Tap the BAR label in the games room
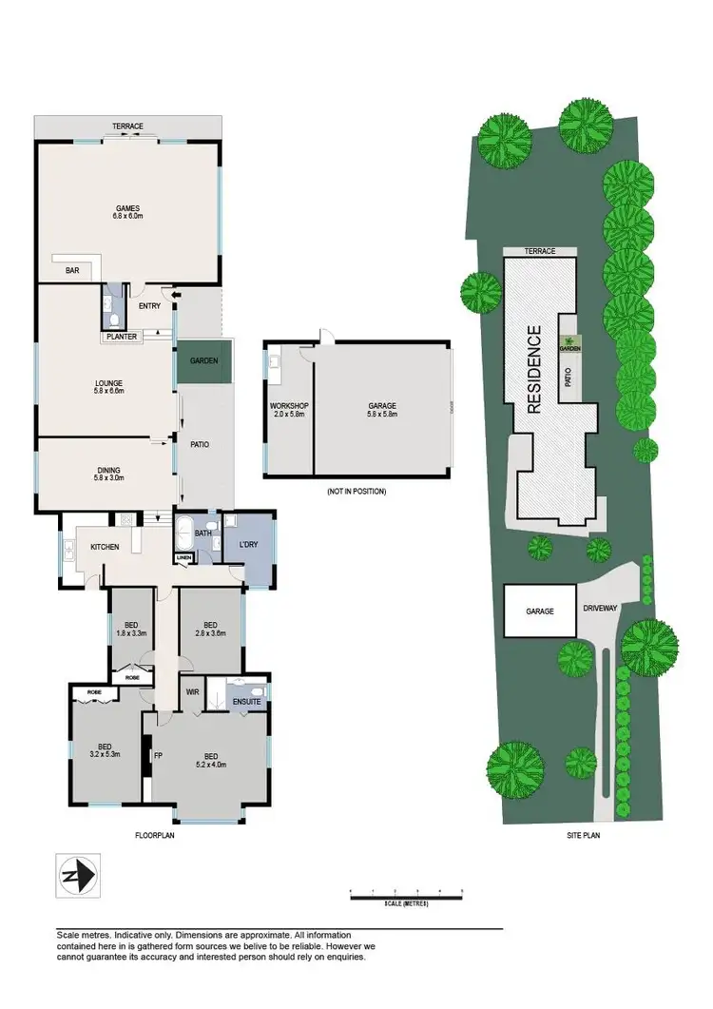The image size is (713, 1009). tap(72, 271)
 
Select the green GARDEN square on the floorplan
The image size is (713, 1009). tap(203, 361)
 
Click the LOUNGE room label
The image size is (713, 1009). tap(109, 381)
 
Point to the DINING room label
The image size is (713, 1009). tap(108, 469)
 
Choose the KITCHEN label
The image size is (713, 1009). tap(104, 547)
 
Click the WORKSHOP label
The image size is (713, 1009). tap(290, 406)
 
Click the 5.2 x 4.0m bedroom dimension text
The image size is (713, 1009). tap(210, 764)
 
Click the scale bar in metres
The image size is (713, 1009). tap(406, 894)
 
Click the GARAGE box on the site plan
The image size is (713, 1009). tap(539, 611)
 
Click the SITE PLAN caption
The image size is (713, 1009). tap(583, 835)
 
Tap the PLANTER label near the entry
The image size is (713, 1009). tap(122, 337)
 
